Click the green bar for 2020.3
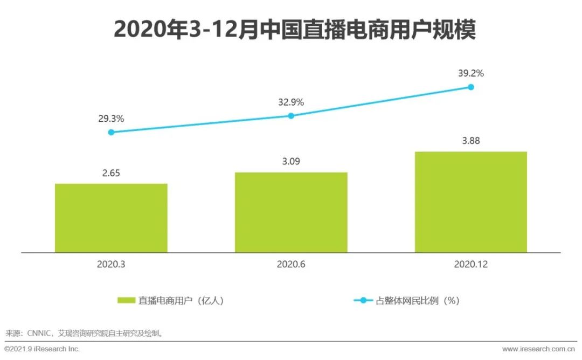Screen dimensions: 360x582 pos(111,218)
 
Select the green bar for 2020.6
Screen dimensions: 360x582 pos(291,212)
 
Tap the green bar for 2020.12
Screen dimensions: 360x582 pos(470,202)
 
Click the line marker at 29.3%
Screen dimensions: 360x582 pos(111,132)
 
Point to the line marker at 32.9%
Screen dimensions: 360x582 pos(291,115)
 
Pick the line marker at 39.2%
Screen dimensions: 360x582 pos(470,87)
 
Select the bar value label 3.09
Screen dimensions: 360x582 pos(291,162)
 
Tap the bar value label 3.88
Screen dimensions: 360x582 pos(470,141)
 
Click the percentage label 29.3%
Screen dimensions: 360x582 pos(111,118)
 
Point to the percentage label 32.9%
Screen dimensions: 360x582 pos(291,102)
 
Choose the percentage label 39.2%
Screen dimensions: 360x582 pos(470,73)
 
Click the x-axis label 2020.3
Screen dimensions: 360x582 pos(111,264)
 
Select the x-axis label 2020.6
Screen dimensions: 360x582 pos(291,264)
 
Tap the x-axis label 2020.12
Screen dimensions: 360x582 pos(470,264)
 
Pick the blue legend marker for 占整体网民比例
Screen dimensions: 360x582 pos(363,300)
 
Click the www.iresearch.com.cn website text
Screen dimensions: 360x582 pos(539,349)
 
